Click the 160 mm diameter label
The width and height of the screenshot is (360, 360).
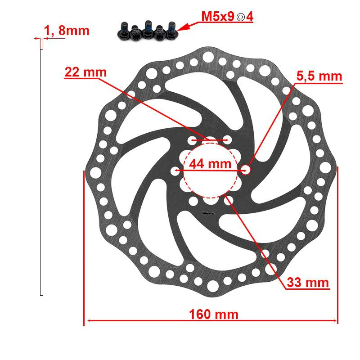tap(213, 314)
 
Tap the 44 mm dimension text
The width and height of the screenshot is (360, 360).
tap(210, 164)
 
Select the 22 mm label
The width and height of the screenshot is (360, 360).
tap(85, 72)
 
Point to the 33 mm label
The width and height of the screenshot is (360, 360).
tap(308, 282)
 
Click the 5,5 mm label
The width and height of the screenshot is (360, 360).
tap(319, 76)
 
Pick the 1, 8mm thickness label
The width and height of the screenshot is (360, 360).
tap(67, 31)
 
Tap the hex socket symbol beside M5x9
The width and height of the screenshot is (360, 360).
tap(241, 17)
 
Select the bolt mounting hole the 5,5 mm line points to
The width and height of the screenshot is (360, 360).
tap(246, 170)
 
